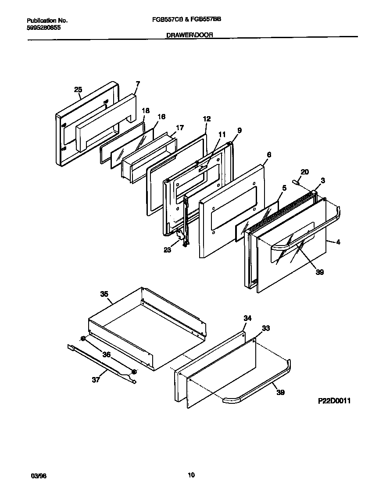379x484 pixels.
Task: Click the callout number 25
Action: (x=78, y=90)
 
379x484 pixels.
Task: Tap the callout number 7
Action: (x=138, y=84)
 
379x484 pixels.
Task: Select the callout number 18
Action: (x=146, y=110)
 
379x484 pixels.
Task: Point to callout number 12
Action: (x=207, y=119)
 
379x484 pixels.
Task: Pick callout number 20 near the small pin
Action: (x=305, y=172)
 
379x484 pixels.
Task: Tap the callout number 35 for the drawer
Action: (x=104, y=294)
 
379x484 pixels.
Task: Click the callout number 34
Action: (x=247, y=318)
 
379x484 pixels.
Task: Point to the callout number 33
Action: (x=266, y=328)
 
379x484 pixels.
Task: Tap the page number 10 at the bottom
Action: (x=191, y=475)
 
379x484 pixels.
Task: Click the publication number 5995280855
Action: (x=44, y=27)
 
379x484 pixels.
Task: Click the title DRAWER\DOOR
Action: (x=189, y=35)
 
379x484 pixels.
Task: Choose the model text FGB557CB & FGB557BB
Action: (x=189, y=20)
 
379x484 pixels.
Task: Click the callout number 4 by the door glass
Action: (x=338, y=242)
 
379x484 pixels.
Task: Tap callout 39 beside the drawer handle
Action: (x=280, y=392)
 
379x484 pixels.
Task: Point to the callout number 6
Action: (x=269, y=154)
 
